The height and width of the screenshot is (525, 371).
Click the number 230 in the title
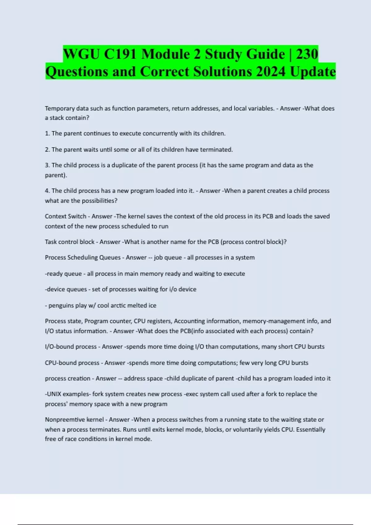coord(307,54)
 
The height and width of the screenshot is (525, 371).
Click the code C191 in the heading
coord(121,54)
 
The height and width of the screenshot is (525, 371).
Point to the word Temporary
coord(60,108)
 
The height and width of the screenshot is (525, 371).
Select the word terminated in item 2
coord(216,149)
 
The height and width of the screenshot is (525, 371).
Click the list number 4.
coord(47,191)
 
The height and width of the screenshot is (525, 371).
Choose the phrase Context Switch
coord(65,216)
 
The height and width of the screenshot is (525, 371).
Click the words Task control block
coord(70,242)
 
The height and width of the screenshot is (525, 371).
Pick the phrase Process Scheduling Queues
coord(83,258)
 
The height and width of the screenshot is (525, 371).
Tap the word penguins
coord(61,305)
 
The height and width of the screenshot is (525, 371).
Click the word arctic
coord(118,305)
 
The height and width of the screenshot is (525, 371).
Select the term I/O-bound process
coord(70,347)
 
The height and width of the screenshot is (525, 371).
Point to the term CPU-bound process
coord(72,363)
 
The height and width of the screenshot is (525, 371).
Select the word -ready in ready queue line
coord(54,274)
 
